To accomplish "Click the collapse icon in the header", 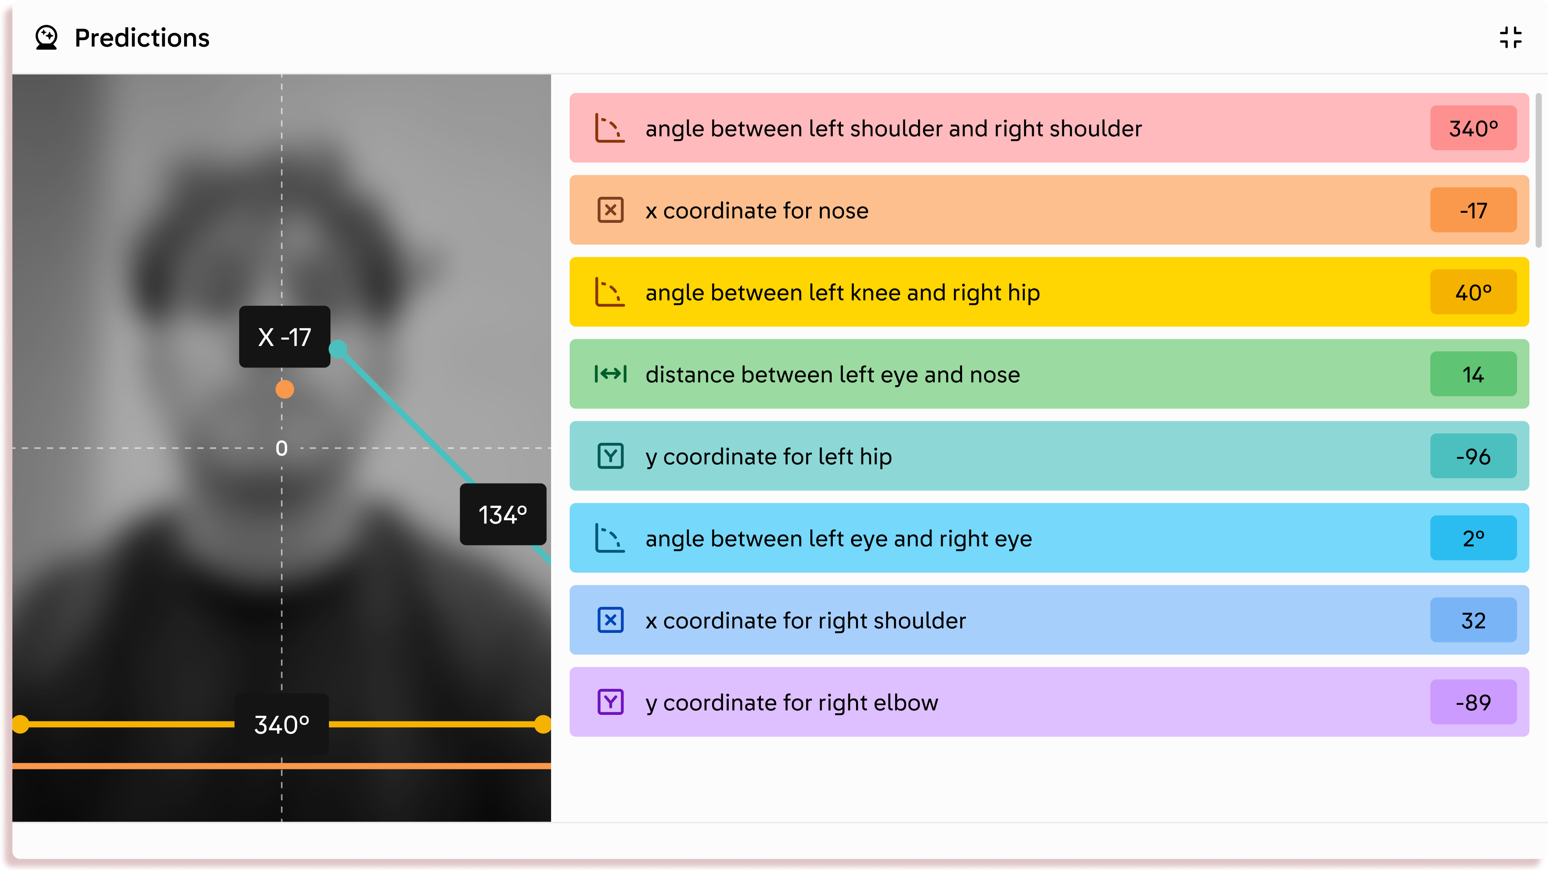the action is (x=1510, y=37).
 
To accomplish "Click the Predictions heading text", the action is (x=142, y=38).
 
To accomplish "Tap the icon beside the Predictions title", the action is (x=46, y=37).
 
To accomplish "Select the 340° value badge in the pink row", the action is (x=1473, y=128).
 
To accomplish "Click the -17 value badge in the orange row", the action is (x=1473, y=210).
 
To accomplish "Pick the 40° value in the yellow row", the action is (x=1473, y=292).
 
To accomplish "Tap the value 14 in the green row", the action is (x=1473, y=374).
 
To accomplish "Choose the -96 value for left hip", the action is (x=1473, y=456).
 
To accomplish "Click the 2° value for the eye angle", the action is (x=1473, y=538).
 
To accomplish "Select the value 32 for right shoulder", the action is (x=1473, y=620).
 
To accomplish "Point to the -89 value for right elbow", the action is (x=1473, y=702).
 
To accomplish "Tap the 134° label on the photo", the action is (x=503, y=514).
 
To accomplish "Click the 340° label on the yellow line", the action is (x=281, y=724).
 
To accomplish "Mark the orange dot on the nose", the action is (x=285, y=389).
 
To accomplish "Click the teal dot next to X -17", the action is (x=338, y=349).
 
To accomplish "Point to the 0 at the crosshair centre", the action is (x=281, y=448).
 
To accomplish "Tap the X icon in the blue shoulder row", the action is (x=611, y=620).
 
